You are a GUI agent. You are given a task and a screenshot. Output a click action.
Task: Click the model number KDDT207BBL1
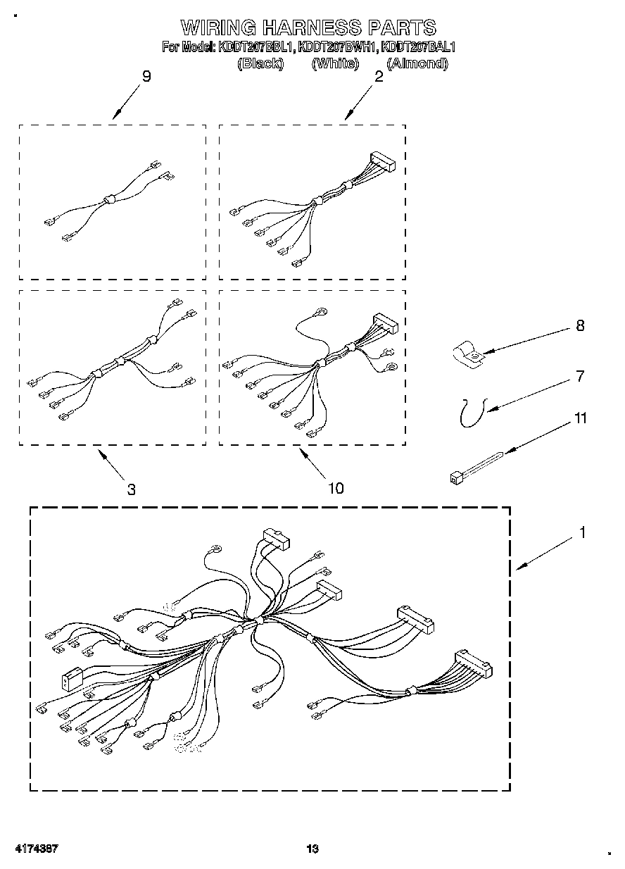(x=257, y=48)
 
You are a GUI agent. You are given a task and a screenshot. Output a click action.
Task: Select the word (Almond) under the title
(x=417, y=63)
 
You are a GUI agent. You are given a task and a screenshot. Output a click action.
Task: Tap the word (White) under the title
(x=335, y=63)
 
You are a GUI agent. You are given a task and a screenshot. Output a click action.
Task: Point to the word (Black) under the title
(x=260, y=63)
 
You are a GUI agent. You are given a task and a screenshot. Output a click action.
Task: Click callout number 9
(x=146, y=77)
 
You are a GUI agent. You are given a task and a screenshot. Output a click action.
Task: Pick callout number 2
(x=379, y=77)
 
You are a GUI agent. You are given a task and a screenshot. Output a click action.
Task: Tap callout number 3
(x=132, y=489)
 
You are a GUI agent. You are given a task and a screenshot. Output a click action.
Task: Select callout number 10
(x=336, y=488)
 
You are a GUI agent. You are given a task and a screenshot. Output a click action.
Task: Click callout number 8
(x=580, y=326)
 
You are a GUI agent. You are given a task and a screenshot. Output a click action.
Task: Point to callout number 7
(x=580, y=376)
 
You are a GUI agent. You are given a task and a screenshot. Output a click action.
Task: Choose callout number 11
(x=581, y=418)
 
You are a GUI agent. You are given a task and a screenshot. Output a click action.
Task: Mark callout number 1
(x=582, y=533)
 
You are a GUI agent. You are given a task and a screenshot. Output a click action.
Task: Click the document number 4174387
(x=33, y=849)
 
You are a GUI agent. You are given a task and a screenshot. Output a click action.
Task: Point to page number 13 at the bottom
(x=312, y=849)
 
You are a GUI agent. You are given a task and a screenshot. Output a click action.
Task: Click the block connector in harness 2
(x=382, y=161)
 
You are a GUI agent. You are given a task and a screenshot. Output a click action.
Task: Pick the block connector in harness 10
(x=385, y=323)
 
